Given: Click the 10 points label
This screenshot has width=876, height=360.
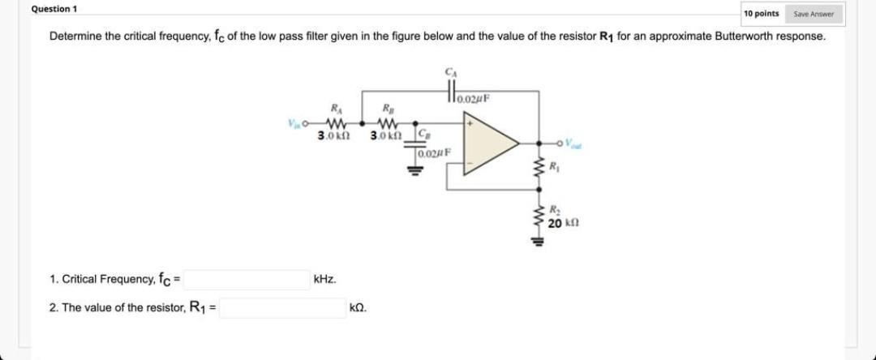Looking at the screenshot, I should [x=762, y=14].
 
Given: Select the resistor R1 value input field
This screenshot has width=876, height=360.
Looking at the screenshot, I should [x=282, y=308].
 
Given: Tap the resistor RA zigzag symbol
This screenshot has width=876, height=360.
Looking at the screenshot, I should [x=333, y=124].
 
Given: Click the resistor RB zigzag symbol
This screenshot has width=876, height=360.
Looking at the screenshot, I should [x=387, y=124].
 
